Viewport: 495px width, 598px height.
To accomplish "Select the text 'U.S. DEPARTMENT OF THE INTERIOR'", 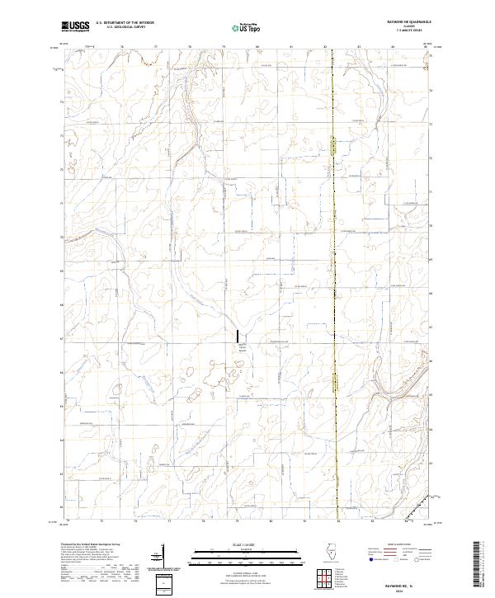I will (125, 24).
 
